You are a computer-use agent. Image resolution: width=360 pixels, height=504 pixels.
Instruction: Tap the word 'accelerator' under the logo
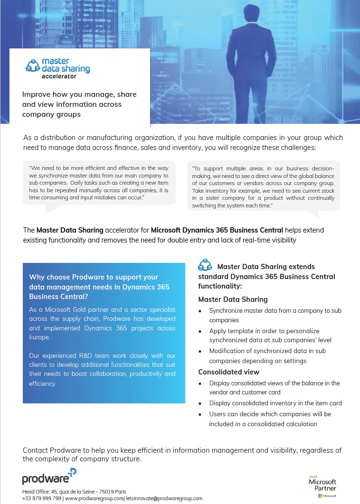[59, 76]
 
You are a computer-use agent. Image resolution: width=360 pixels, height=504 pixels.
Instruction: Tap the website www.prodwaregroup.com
[94, 498]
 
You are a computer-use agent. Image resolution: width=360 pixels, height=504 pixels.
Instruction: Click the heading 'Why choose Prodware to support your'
[94, 277]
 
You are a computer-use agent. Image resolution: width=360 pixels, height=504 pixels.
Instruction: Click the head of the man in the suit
[253, 9]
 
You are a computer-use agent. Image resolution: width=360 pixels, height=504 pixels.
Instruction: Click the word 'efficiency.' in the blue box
[43, 383]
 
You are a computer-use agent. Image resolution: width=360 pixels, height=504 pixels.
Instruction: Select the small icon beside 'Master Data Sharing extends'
[205, 265]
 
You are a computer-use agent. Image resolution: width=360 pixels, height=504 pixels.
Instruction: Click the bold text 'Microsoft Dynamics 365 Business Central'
[217, 230]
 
